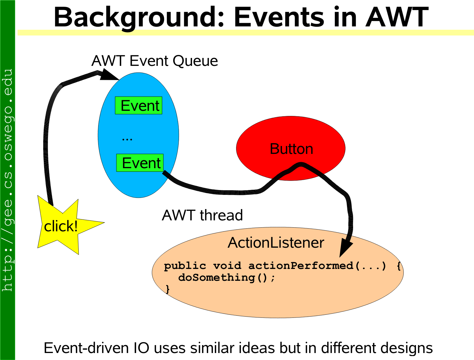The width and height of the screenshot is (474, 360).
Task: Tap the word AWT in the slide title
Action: coord(397,17)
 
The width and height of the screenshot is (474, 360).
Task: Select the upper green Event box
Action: coord(139,105)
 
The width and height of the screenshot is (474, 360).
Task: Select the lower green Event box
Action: coord(140,163)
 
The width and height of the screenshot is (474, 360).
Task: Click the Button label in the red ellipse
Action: coord(291,149)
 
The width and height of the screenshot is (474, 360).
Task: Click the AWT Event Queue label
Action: coord(155,61)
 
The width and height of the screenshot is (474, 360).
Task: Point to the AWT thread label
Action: coord(202,215)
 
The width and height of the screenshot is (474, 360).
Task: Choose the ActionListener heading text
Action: coord(276,243)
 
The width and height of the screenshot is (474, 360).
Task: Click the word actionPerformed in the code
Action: coord(301,266)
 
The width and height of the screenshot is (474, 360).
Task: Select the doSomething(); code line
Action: coord(227,278)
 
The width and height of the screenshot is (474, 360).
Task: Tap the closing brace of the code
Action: coord(168,289)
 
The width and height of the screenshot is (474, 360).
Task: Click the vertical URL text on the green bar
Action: coord(8,180)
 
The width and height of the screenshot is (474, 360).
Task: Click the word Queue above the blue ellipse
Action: coord(195,61)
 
